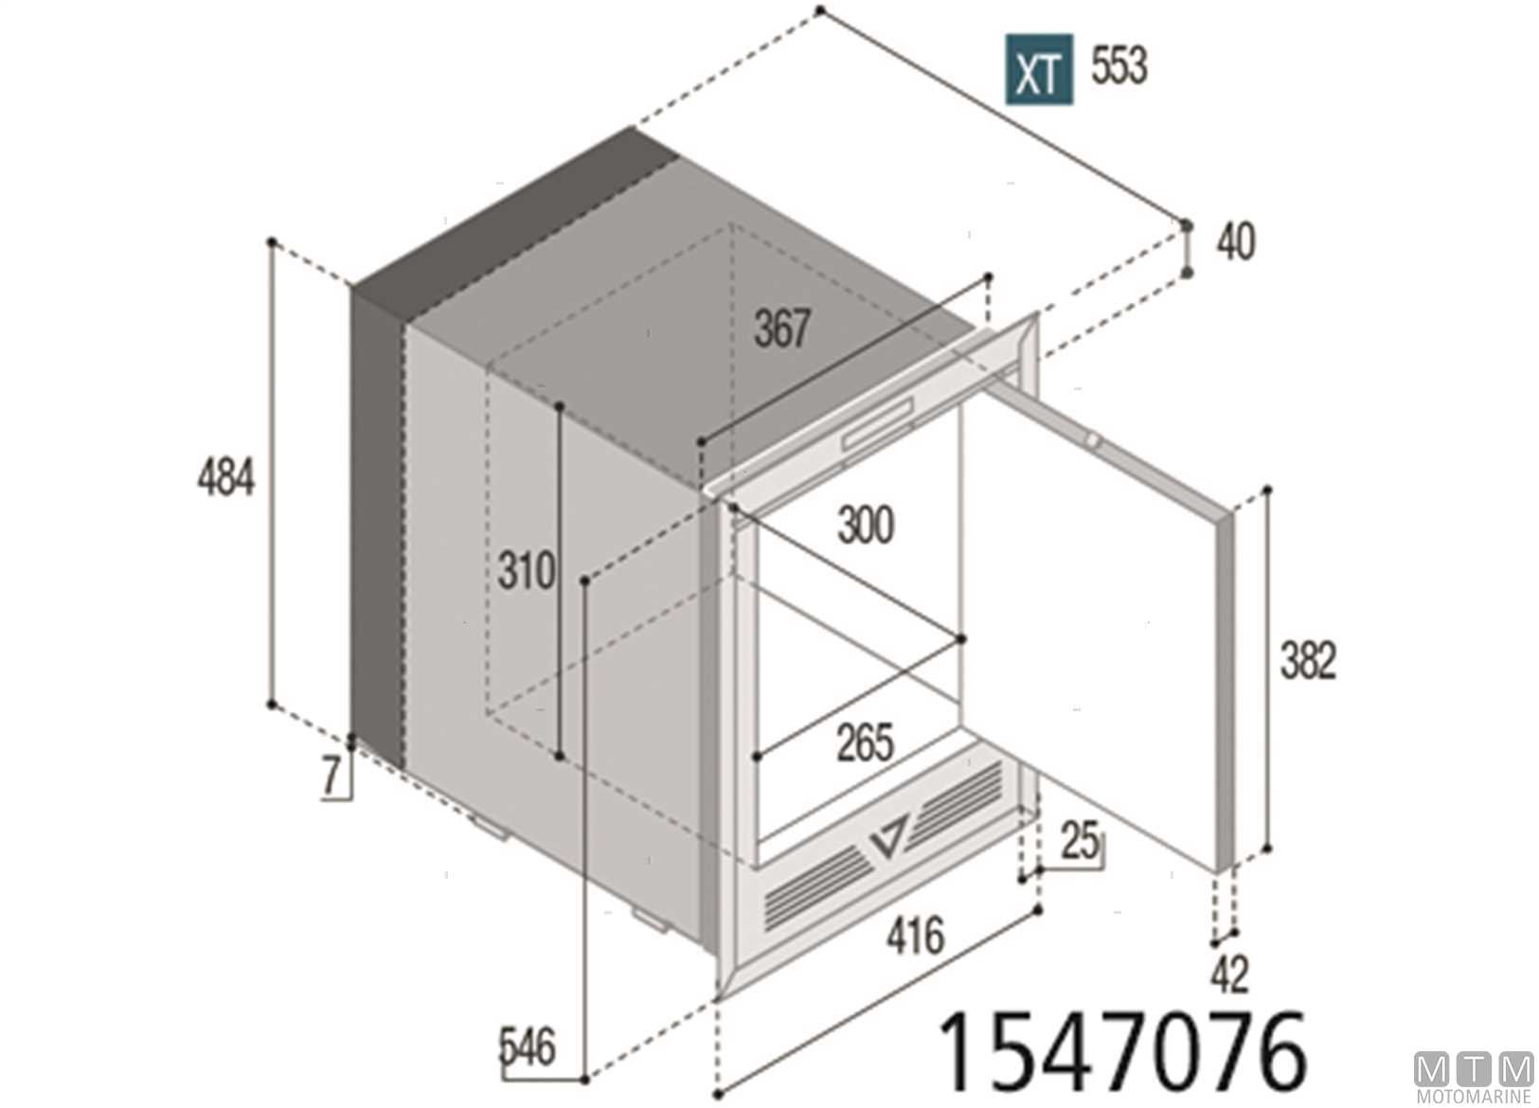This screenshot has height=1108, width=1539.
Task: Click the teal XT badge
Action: [1038, 69]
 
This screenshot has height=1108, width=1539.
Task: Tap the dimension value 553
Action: [1119, 66]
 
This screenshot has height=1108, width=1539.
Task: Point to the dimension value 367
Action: [782, 329]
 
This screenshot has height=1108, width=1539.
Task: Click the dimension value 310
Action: [526, 570]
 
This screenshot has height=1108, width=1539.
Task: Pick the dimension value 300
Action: [866, 526]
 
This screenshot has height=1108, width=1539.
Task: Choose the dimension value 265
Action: [865, 742]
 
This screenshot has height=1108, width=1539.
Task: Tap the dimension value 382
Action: [1308, 660]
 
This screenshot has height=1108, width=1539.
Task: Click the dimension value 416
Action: [915, 935]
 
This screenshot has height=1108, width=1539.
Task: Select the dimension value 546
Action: [527, 1047]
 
